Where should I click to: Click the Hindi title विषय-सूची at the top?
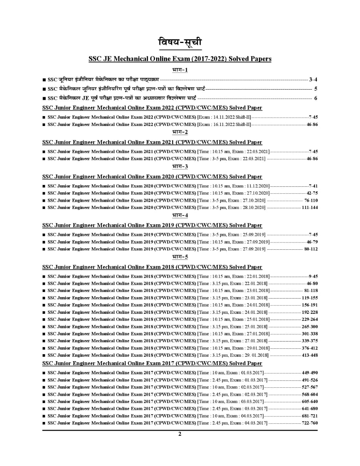(180, 42)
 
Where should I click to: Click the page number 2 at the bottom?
(179, 434)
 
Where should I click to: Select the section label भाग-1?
(180, 70)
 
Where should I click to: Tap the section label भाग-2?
(180, 132)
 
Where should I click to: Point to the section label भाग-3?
(180, 166)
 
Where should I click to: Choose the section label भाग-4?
(180, 215)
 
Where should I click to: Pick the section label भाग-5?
(180, 257)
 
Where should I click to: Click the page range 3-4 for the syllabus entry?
(313, 79)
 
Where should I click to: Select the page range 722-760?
(310, 423)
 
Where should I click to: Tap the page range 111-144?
(310, 208)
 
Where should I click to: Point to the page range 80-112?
(311, 249)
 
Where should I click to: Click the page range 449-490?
(310, 373)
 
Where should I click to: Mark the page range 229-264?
(310, 319)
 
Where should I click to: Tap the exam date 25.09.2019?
(253, 235)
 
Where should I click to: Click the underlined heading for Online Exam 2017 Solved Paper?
(152, 363)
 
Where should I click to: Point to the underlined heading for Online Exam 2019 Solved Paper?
(152, 225)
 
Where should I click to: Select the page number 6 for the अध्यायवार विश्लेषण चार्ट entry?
(316, 98)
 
